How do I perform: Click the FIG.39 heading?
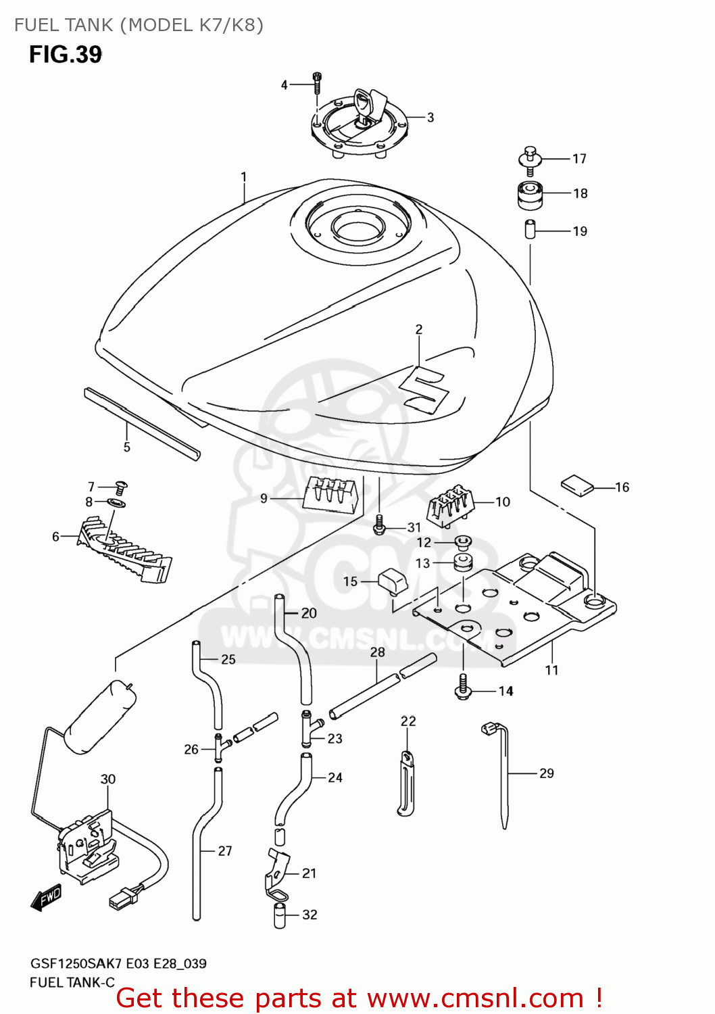[66, 54]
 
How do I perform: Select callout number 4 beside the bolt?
[284, 84]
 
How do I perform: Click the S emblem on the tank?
[424, 390]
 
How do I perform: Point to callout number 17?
[579, 159]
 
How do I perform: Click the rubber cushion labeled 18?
[529, 195]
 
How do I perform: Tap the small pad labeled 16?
[576, 485]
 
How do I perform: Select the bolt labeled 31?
[379, 525]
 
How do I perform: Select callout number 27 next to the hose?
[225, 851]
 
